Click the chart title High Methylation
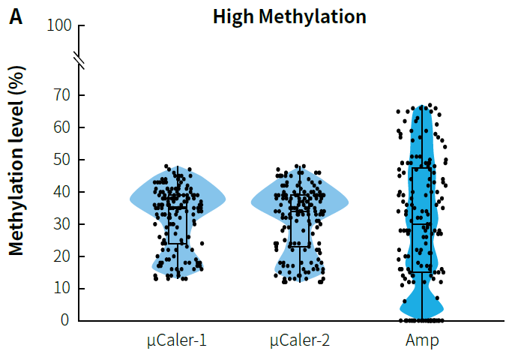(x=289, y=16)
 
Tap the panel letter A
(x=16, y=16)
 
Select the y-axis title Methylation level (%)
(x=17, y=160)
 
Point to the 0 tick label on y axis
(x=64, y=321)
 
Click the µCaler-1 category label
(x=177, y=342)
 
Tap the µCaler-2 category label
(x=300, y=342)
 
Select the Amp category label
(x=422, y=342)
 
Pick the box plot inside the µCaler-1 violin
(x=178, y=225)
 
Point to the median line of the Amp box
(x=422, y=224)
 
